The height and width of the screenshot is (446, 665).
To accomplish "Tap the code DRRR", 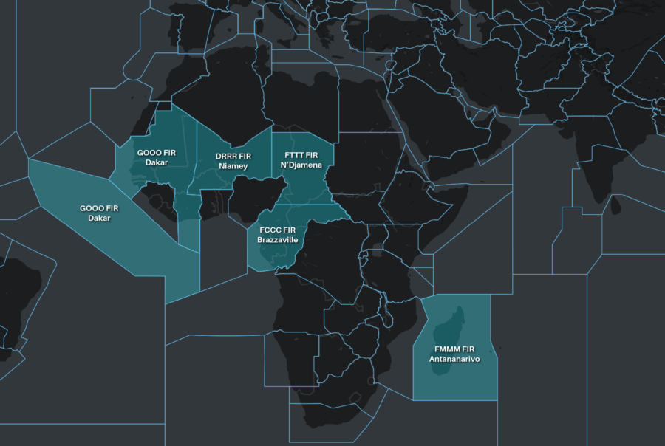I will [x=226, y=157].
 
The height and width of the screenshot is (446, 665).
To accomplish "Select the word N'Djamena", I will [x=301, y=165].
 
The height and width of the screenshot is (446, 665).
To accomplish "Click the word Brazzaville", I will [x=276, y=240].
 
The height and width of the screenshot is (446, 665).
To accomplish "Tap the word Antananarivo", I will [x=454, y=359].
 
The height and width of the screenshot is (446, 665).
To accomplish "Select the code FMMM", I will [x=448, y=349].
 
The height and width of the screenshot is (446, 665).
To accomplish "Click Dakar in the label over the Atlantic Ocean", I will [x=99, y=218].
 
